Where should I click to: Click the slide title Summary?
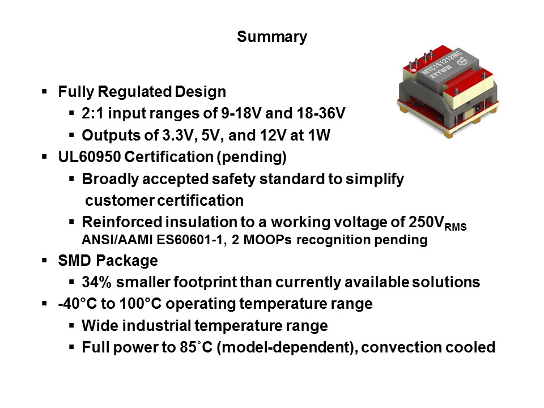click(x=272, y=37)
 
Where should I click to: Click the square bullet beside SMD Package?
click(x=45, y=261)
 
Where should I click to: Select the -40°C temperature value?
click(x=77, y=304)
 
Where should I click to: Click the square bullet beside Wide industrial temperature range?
click(x=72, y=326)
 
